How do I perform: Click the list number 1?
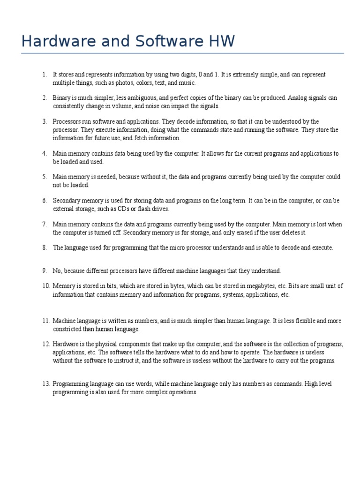(44, 75)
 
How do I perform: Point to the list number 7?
(44, 224)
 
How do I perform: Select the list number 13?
(45, 383)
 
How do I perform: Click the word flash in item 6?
(140, 209)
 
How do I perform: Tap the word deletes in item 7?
(287, 232)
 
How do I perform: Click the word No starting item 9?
(57, 271)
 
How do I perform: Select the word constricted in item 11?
(68, 329)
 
